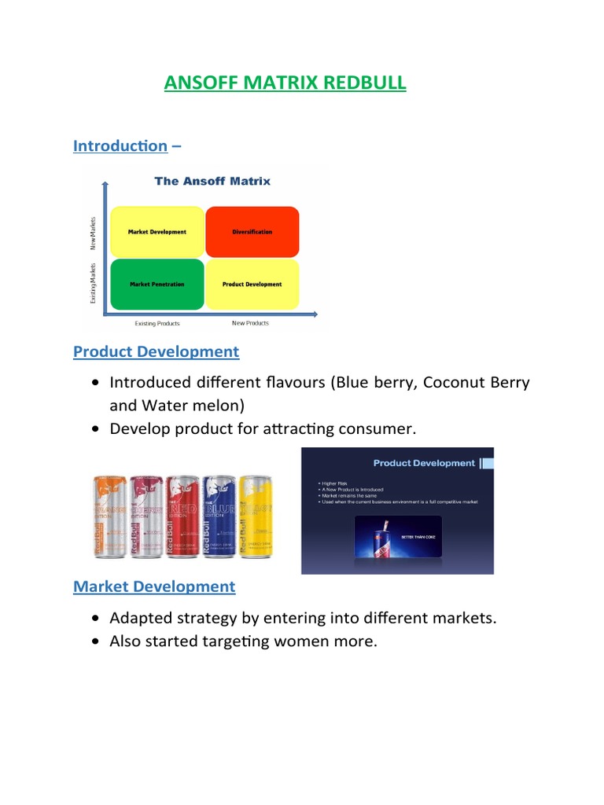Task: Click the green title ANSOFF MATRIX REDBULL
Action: (x=285, y=83)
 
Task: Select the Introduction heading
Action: (x=120, y=146)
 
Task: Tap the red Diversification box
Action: (x=252, y=232)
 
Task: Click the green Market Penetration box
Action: (x=157, y=284)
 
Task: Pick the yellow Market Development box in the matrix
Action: (x=157, y=232)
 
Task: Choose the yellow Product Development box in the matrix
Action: (x=252, y=284)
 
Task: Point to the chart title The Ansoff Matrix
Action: (x=212, y=181)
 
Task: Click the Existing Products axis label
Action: (x=157, y=323)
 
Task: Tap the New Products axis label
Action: (x=250, y=323)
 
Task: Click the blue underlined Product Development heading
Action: (x=156, y=351)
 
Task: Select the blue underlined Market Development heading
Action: (x=154, y=586)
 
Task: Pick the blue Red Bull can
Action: (x=219, y=516)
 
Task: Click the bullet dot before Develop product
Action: (x=95, y=430)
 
